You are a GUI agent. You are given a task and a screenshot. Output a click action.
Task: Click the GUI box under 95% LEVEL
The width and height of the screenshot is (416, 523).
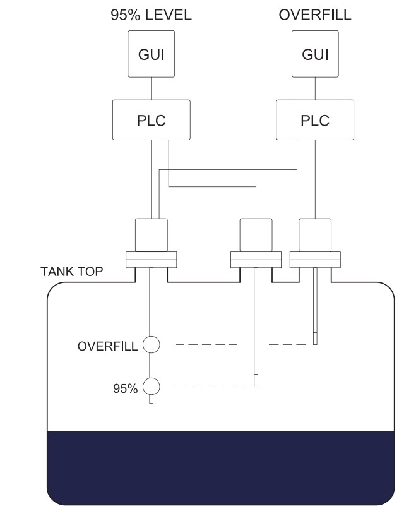point(152,55)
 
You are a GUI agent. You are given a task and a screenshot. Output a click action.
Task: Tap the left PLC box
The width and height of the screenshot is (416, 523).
point(152,121)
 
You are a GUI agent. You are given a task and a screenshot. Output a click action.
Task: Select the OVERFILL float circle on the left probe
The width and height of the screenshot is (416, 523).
point(152,345)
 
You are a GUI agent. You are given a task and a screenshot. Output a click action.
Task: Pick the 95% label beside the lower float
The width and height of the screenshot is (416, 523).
point(125,388)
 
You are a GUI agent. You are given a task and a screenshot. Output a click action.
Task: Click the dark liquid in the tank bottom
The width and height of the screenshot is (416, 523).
point(221,467)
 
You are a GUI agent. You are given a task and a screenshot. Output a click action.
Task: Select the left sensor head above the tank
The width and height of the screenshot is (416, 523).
point(152,235)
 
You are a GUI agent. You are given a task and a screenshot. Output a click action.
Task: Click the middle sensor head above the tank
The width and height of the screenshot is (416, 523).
point(256,235)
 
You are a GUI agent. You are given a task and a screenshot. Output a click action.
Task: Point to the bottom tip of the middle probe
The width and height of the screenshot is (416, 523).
point(256,383)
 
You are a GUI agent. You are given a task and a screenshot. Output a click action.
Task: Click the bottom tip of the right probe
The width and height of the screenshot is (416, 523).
point(314,341)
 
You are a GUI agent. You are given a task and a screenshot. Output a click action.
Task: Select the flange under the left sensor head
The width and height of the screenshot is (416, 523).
point(152,259)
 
